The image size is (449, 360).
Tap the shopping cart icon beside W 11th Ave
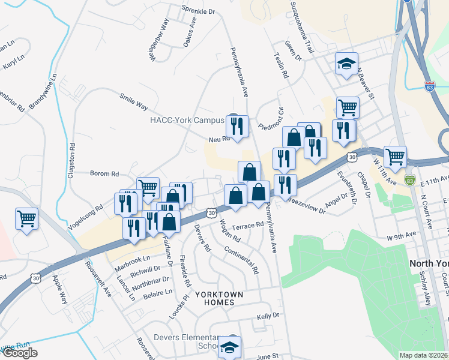click(395, 157)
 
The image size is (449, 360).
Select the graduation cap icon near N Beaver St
click(346, 64)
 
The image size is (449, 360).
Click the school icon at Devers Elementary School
click(229, 347)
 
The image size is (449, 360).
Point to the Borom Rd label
click(104, 174)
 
